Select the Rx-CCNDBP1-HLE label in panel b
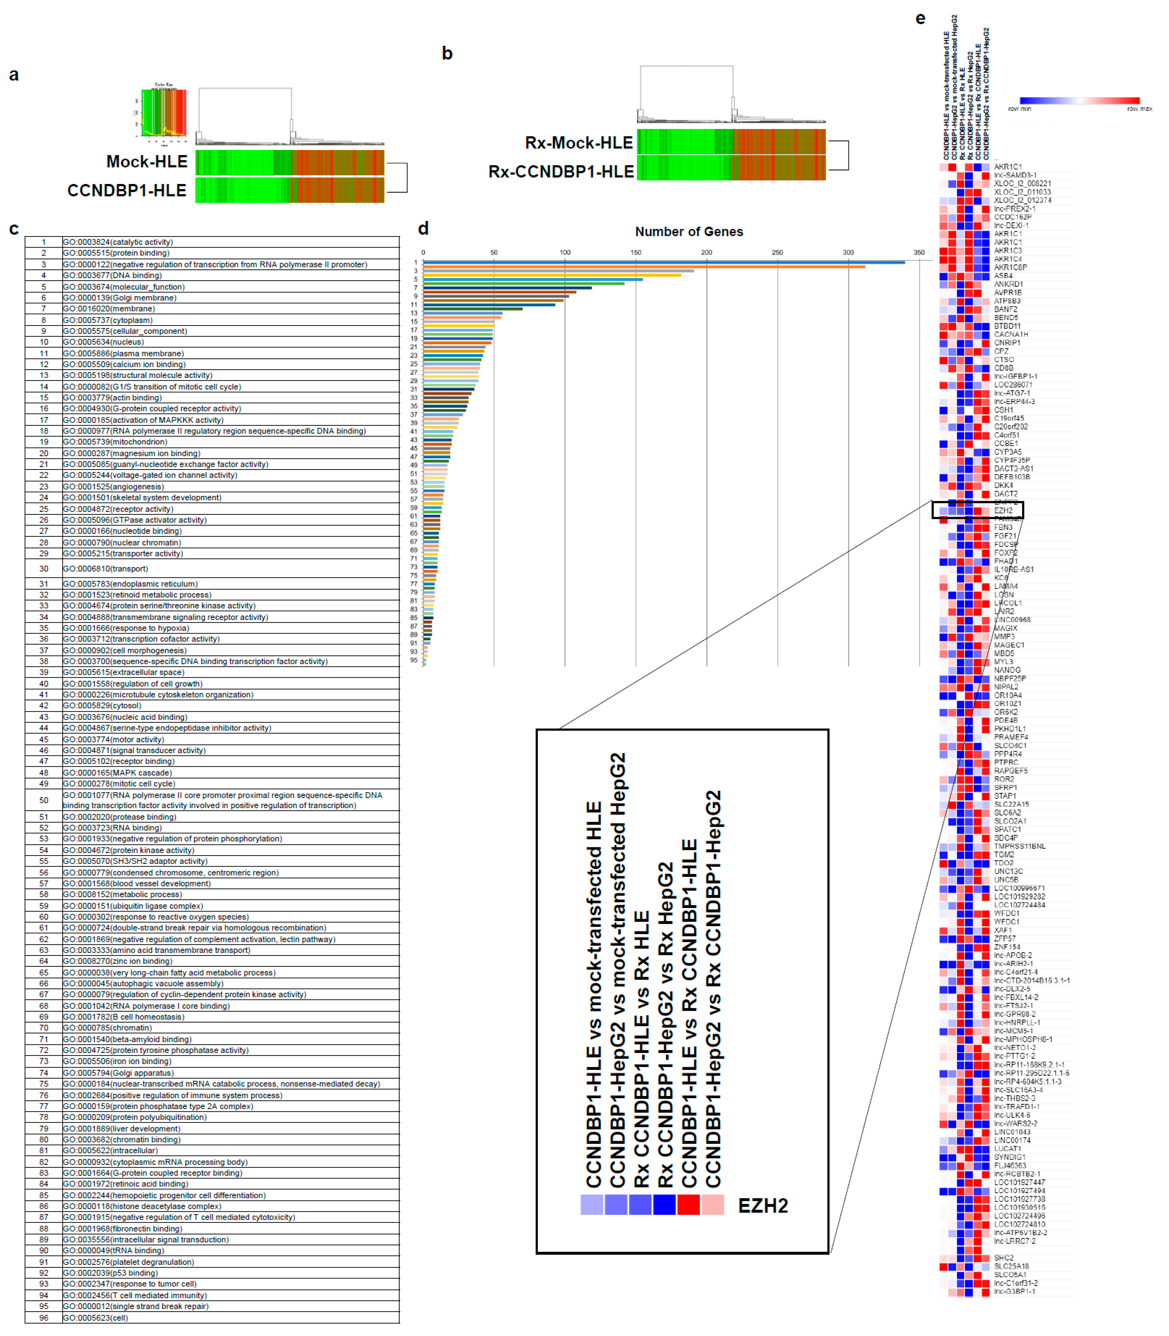(x=561, y=172)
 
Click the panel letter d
(x=423, y=228)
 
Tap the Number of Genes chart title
(x=689, y=232)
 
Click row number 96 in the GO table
(x=44, y=1318)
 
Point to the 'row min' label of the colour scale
(x=1020, y=109)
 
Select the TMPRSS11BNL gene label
(x=1020, y=846)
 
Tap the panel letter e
(x=920, y=18)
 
